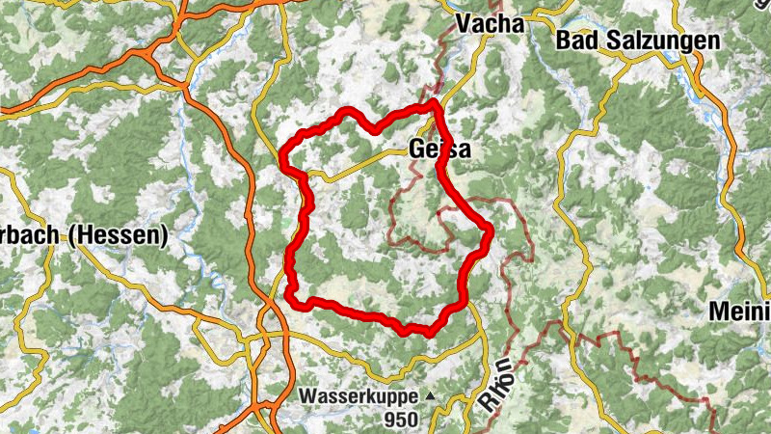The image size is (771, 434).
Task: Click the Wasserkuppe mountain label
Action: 358,395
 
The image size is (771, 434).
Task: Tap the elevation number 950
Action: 402,420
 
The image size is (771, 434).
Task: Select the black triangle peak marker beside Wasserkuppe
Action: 430,396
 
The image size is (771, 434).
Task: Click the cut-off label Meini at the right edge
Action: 739,312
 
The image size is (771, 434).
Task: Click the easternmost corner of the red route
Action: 491,230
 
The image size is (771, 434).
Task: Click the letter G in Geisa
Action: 417,149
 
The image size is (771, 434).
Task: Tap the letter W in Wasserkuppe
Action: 307,395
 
